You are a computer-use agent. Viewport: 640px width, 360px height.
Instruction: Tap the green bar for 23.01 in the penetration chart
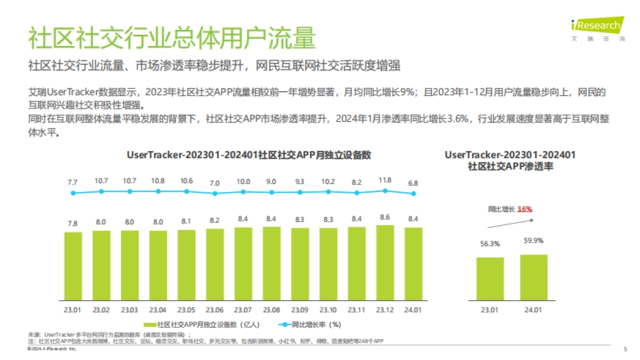(x=490, y=279)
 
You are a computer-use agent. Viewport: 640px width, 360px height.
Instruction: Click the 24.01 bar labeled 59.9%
(x=534, y=278)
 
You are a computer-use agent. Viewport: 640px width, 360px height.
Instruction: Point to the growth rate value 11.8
(x=385, y=181)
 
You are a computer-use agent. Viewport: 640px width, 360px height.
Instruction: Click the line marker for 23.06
(x=215, y=193)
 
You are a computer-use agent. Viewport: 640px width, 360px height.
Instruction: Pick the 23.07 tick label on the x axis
(x=243, y=310)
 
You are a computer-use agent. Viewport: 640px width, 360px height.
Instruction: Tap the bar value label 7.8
(x=73, y=223)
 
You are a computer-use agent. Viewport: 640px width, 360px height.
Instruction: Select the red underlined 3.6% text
(x=525, y=209)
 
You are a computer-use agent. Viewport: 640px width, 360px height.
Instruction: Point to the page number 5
(x=625, y=349)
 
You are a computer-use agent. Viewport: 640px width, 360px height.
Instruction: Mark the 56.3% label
(x=490, y=244)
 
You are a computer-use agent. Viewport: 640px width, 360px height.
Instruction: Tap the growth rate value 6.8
(x=413, y=182)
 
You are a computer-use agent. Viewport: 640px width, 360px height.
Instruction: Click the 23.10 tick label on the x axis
(x=328, y=310)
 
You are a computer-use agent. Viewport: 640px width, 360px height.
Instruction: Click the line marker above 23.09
(x=300, y=192)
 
